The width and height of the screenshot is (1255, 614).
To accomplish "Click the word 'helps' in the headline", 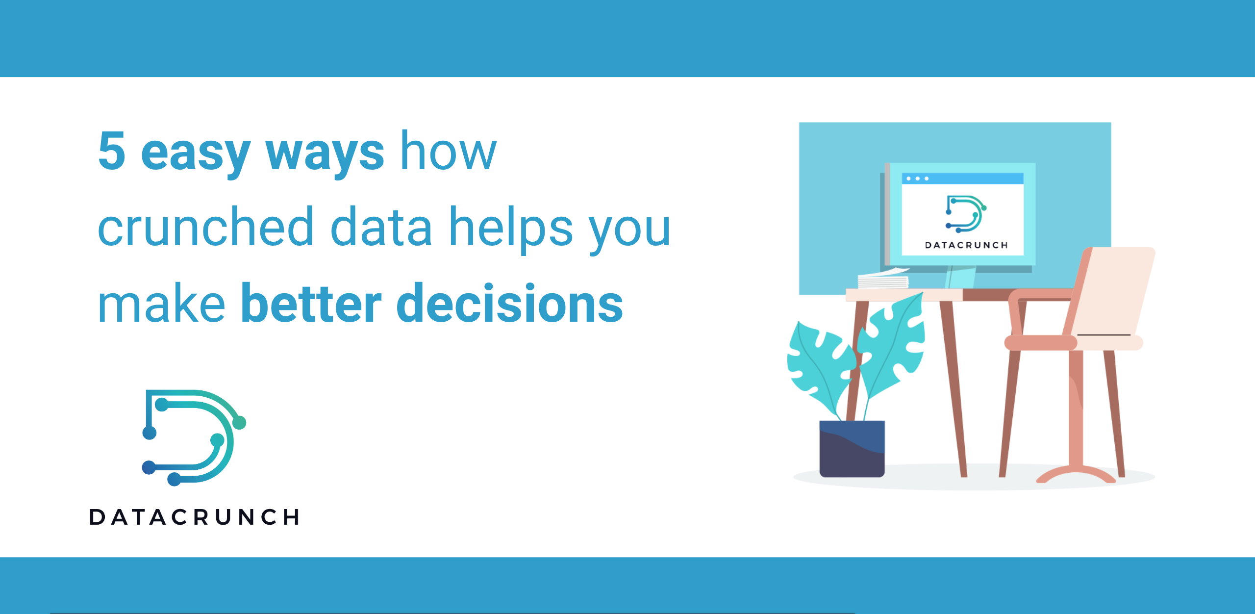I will pos(510,229).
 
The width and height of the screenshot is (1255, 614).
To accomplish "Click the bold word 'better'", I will pos(311,304).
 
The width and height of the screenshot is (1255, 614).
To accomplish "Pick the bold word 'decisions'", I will pos(509,304).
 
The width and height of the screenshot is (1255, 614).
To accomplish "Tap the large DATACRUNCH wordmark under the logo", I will pos(194,517).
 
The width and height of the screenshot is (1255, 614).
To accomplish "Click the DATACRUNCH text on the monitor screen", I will pos(966,245).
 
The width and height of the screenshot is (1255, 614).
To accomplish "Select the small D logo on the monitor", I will pos(965,214).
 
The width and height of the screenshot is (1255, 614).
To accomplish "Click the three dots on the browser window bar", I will pos(917,179).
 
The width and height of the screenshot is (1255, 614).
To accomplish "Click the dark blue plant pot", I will pos(852,449).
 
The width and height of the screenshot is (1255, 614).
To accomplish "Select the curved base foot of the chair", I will pos(1076,474).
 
